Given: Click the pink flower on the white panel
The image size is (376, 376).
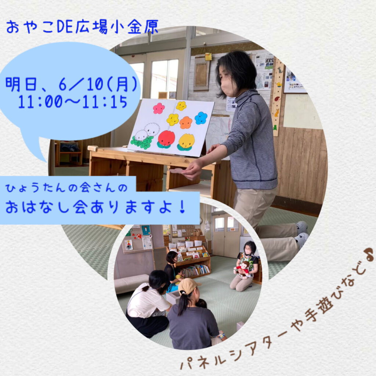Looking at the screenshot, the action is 159,108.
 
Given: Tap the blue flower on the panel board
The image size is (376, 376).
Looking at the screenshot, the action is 201,118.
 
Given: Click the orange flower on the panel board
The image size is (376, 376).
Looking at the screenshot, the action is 185,123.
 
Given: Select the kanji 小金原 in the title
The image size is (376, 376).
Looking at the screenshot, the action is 135,26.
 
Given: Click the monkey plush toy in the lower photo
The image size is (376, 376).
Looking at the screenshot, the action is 243,269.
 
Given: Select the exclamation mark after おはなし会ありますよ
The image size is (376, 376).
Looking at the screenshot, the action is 182,206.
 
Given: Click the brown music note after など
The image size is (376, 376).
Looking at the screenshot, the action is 369,253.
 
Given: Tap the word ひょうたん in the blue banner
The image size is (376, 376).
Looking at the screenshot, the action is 35,188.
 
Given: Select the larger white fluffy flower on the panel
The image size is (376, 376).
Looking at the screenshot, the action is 152,130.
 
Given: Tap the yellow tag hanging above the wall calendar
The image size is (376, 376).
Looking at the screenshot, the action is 209,57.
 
